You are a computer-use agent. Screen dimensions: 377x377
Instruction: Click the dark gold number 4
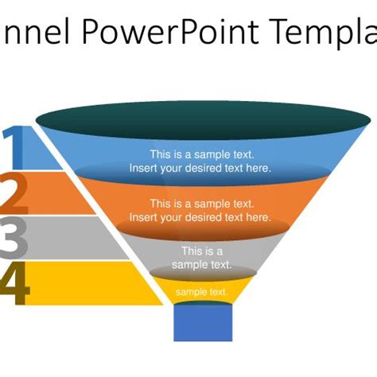pyautogui.click(x=16, y=285)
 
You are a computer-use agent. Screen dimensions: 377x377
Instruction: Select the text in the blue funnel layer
pyautogui.click(x=200, y=161)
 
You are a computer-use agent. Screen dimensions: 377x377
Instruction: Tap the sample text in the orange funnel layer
pyautogui.click(x=200, y=210)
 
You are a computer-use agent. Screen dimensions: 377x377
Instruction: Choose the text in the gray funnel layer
pyautogui.click(x=202, y=258)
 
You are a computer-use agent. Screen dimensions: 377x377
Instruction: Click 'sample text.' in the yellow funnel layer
pyautogui.click(x=202, y=292)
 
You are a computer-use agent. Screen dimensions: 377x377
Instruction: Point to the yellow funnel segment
pyautogui.click(x=202, y=291)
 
